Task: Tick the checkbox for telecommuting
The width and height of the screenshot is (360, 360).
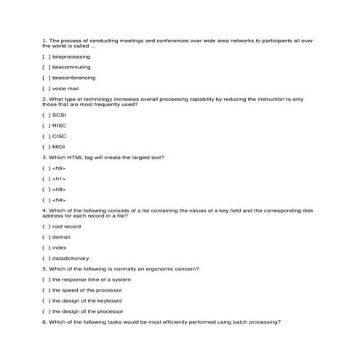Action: pos(47,67)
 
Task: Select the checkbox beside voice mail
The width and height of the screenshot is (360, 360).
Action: pos(47,88)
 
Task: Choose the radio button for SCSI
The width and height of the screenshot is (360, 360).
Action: pos(47,115)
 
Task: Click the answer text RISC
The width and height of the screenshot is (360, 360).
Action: pos(60,125)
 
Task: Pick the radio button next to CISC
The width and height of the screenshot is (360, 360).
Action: pos(47,136)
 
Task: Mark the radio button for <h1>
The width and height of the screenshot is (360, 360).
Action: pos(47,178)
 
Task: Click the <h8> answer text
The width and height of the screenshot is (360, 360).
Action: pos(59,189)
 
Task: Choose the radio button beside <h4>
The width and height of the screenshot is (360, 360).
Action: pos(47,200)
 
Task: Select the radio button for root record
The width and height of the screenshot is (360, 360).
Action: pos(47,226)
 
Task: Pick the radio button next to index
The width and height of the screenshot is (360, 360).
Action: pos(47,247)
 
